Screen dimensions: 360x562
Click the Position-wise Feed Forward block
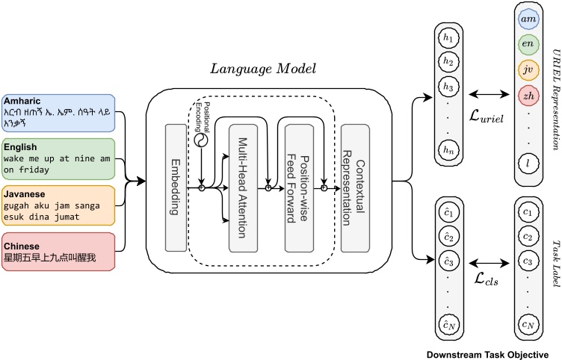[297, 177]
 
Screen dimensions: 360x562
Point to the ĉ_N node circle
[447, 324]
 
